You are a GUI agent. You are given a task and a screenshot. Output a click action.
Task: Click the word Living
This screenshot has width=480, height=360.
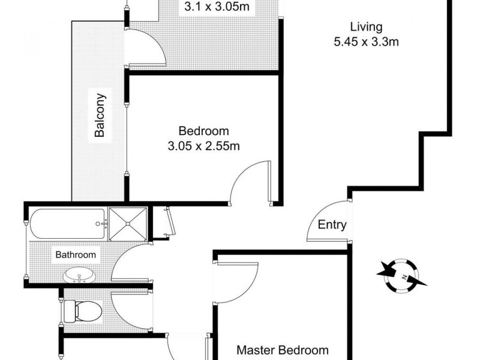[367, 27]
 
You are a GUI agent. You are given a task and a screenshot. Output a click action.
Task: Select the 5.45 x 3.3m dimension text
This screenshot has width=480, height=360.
[367, 42]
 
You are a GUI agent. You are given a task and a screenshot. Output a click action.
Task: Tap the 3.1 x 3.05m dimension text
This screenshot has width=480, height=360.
[217, 8]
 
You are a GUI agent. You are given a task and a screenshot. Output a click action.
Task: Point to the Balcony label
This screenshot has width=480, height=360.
[101, 115]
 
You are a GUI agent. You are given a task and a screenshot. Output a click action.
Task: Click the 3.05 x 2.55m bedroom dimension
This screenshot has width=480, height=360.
[204, 146]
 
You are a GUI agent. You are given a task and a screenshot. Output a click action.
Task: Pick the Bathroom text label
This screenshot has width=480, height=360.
[76, 254]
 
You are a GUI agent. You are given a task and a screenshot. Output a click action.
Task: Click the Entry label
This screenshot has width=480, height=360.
[332, 225]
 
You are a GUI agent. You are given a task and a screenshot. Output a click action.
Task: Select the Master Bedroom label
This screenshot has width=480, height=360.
[283, 350]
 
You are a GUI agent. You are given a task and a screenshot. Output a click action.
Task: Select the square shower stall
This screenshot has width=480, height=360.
[127, 223]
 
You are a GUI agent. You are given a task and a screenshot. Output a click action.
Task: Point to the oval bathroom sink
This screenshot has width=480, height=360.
[79, 276]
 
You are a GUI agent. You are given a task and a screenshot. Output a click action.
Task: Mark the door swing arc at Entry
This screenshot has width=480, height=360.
[324, 222]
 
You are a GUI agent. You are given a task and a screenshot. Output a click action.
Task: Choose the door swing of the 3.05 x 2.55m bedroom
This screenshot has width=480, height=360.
[249, 180]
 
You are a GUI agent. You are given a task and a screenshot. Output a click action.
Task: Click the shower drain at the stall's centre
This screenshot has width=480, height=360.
[127, 223]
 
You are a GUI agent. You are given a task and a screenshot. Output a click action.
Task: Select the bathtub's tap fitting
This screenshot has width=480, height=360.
[103, 224]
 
